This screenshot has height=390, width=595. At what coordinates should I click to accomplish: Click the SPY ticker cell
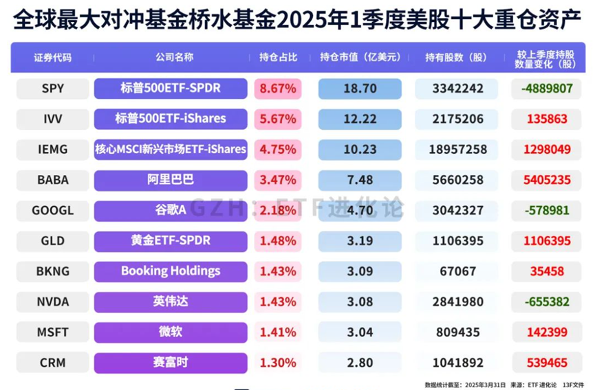(x=52, y=89)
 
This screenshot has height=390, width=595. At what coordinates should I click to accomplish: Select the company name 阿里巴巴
(x=171, y=180)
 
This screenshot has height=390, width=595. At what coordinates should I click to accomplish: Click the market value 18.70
(x=359, y=89)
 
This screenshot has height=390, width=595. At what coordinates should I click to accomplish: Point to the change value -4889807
(x=548, y=89)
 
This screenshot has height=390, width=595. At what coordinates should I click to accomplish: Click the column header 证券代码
(x=52, y=58)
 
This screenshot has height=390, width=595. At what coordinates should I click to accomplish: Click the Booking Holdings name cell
(x=171, y=271)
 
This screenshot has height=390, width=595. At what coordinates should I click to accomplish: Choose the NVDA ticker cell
(x=52, y=301)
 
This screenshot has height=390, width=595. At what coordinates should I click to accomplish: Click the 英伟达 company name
(x=171, y=301)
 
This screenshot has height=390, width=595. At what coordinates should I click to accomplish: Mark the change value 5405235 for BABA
(x=548, y=180)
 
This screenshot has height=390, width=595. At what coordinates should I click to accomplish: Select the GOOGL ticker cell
(x=52, y=210)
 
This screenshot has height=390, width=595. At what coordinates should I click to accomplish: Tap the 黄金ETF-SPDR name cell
(x=171, y=240)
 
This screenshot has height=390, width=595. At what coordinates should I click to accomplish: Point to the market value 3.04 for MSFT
(x=359, y=332)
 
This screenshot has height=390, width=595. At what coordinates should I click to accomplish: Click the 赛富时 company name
(x=171, y=362)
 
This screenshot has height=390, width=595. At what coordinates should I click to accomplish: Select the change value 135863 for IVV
(x=548, y=119)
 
